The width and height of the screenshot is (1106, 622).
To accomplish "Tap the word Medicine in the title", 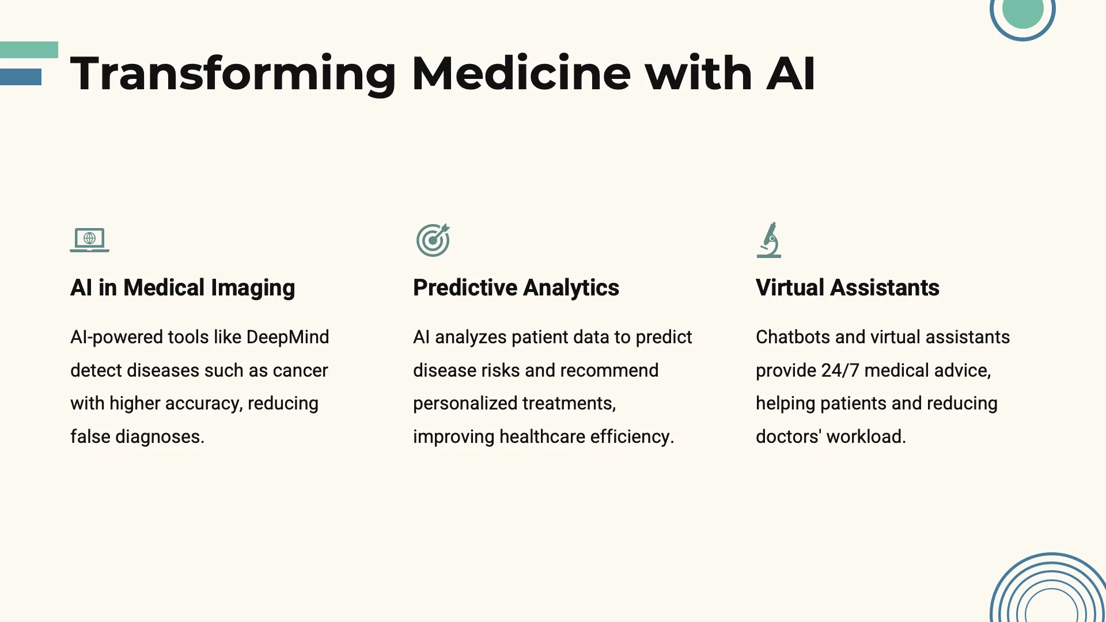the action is click(x=521, y=73).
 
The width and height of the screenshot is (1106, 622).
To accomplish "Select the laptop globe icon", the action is click(x=90, y=240).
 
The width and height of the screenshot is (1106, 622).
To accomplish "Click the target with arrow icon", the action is click(x=433, y=240).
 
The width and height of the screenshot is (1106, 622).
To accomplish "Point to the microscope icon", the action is click(x=769, y=240).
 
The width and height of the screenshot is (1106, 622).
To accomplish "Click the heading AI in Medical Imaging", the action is click(x=183, y=288).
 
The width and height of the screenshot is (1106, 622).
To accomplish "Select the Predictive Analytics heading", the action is click(x=516, y=288).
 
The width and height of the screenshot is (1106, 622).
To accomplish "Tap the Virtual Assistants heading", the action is click(x=847, y=287).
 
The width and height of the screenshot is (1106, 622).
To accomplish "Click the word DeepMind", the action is click(x=287, y=337).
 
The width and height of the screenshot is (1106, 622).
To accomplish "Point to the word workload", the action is click(x=866, y=437).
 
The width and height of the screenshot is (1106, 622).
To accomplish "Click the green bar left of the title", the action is click(x=29, y=50).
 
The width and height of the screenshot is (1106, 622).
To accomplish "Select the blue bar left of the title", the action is click(x=21, y=77).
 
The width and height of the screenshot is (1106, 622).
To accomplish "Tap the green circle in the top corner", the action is click(x=1023, y=11).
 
